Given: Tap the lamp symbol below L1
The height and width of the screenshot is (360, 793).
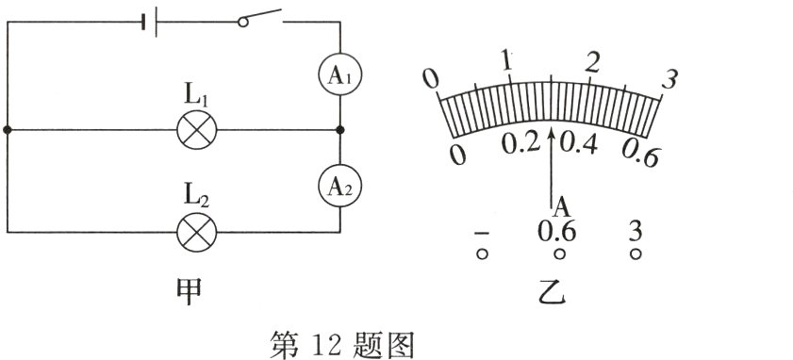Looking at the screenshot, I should (198, 128).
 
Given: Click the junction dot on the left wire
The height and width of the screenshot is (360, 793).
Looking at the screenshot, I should (8, 128).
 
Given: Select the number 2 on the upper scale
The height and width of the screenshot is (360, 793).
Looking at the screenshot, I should (592, 63).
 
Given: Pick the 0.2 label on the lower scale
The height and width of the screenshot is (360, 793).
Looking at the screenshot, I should (520, 143).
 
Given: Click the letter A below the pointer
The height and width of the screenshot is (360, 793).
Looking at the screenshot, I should (559, 206).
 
